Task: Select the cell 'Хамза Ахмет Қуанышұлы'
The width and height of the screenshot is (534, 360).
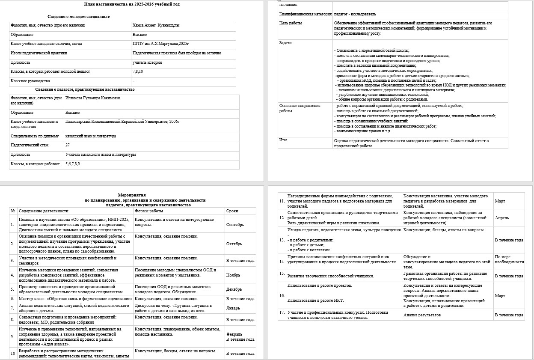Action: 156,25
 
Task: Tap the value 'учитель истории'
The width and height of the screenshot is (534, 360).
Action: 145,62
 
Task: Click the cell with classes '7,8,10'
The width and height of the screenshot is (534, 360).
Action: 138,71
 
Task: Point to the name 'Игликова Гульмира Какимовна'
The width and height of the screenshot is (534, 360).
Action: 93,98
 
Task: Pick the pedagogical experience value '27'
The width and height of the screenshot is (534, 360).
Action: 68,145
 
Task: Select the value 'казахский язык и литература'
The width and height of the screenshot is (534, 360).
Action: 90,136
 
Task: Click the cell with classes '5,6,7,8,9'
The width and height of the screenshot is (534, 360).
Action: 72,164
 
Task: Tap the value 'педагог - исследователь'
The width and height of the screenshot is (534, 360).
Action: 355,14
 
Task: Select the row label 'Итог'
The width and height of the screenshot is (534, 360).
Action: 283,140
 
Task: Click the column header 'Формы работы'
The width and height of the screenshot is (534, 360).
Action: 148,211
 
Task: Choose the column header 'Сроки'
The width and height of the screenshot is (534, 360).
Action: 232,211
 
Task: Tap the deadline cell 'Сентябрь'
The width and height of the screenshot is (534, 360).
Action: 235,225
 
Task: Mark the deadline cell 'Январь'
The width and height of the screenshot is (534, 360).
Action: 233,308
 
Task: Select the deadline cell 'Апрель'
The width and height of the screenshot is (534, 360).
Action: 501,218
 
